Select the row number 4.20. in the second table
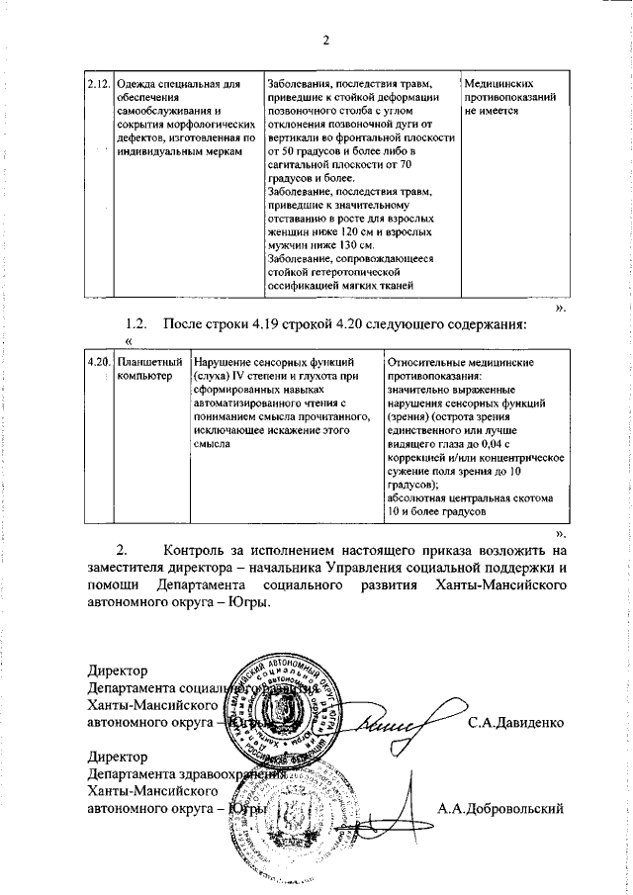coord(98,362)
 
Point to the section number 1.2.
coord(136,323)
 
